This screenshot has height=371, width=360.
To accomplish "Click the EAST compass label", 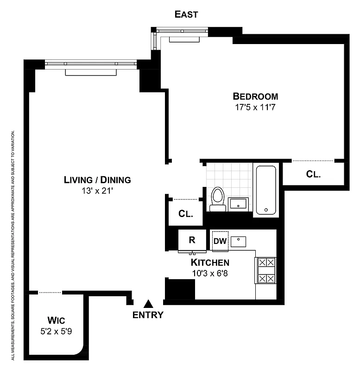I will coord(186,14).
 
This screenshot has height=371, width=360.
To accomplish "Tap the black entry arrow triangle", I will coord(148,304).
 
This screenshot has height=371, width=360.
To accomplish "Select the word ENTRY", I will coord(148,315).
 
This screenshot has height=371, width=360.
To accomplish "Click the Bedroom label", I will coord(255,97).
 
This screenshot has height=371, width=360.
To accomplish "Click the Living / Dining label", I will coord(97,180).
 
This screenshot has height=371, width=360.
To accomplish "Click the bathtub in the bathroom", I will coord(266,190).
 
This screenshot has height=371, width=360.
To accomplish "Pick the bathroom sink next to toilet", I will coord(238,204).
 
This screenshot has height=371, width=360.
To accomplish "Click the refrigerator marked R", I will coord(191,240).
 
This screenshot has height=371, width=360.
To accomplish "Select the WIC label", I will coord(57,321).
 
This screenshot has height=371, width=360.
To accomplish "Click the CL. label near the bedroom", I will coord(314,174).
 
